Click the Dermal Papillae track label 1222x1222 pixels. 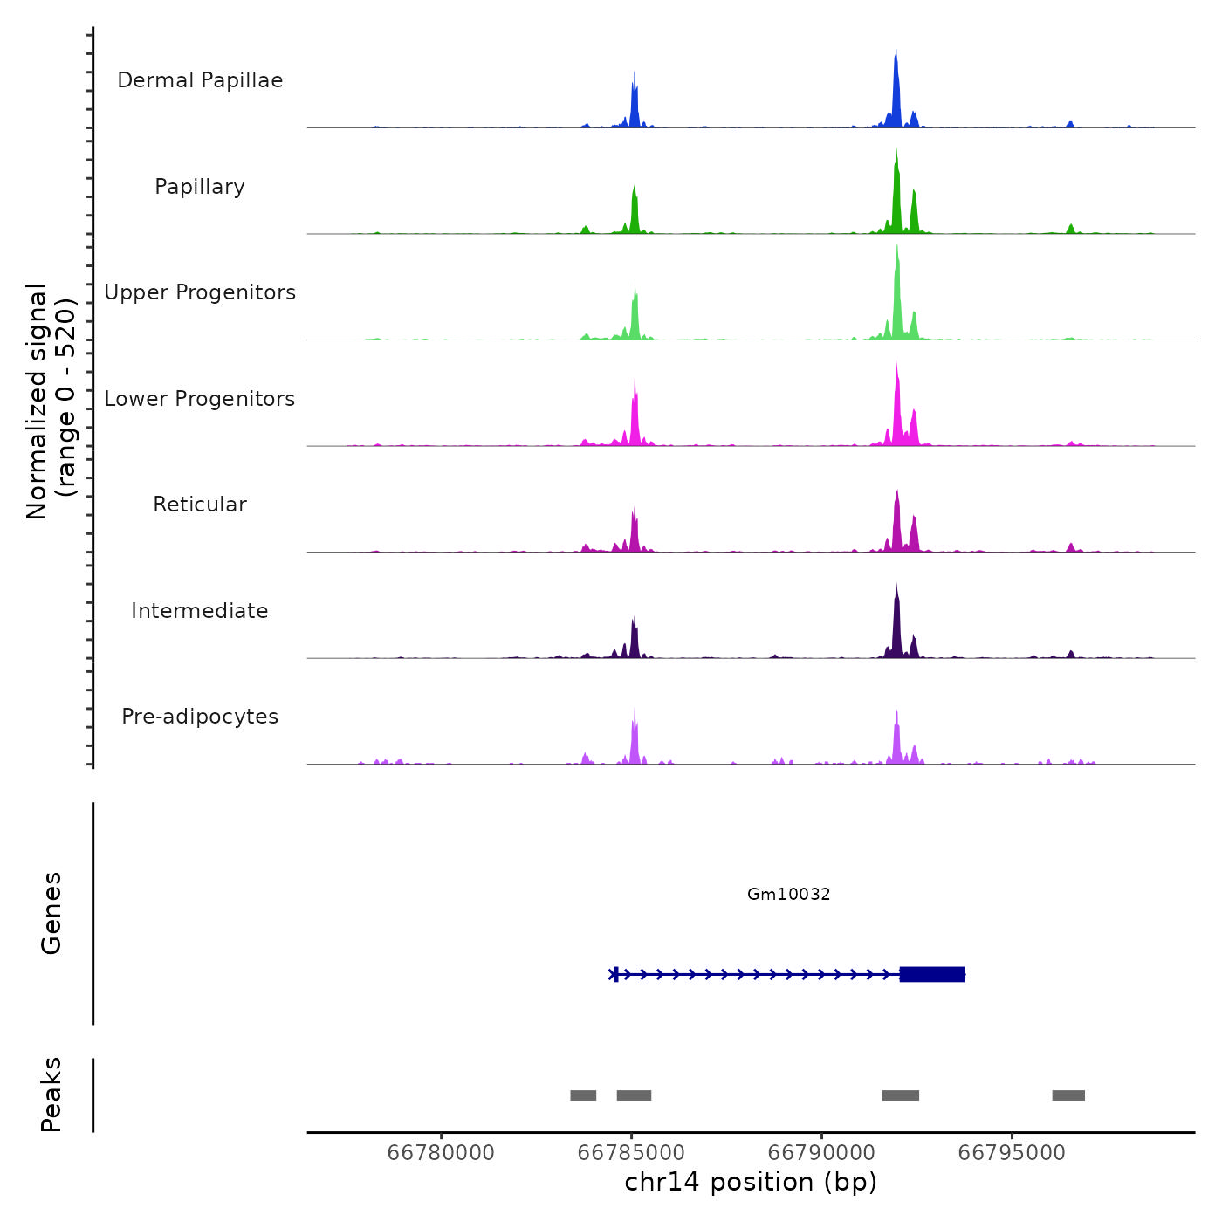coord(200,80)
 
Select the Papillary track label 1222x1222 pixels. coord(200,187)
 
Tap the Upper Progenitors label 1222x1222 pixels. coord(200,292)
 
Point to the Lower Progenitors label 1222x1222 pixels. coord(200,399)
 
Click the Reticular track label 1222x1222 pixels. coord(200,505)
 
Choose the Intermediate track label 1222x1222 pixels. coord(200,611)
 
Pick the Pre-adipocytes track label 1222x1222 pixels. coord(200,717)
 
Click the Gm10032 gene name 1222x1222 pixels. coord(788,894)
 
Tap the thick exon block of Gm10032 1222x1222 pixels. coord(931,974)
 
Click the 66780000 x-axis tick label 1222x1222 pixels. coord(440,1153)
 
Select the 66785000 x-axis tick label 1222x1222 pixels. coord(631,1153)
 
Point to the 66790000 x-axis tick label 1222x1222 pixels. coord(821,1153)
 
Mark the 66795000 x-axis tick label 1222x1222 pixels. coord(1012,1153)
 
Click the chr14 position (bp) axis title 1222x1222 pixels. coord(751,1182)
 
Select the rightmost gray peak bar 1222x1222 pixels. coord(1068,1095)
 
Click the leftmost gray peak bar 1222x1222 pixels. coord(583,1095)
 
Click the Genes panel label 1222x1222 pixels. coord(51,913)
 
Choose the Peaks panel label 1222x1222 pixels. coord(51,1095)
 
